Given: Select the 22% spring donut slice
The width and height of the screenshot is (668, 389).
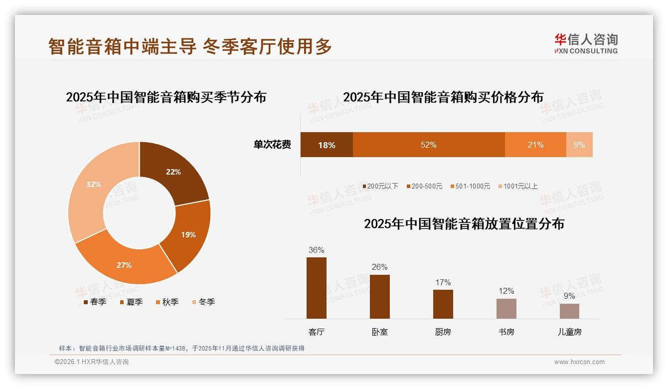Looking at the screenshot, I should [x=174, y=173].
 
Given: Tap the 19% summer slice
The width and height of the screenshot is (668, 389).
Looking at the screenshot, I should [x=188, y=234].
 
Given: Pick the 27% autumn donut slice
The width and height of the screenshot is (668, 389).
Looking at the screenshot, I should [x=125, y=265].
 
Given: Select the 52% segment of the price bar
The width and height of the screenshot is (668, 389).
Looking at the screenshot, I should [x=429, y=145].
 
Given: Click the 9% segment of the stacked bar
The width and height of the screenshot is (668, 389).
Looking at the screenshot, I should [x=579, y=145].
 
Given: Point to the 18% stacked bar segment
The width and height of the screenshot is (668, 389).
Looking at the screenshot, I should [x=327, y=145].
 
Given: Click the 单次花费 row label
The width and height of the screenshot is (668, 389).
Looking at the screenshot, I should [x=272, y=145].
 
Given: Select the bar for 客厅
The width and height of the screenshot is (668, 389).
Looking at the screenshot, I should [x=317, y=288].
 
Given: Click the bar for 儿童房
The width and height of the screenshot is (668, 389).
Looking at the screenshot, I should [x=569, y=311].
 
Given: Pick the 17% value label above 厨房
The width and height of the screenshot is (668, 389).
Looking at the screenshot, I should [x=443, y=282].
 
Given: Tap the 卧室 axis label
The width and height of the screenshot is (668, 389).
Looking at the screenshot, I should [x=379, y=332].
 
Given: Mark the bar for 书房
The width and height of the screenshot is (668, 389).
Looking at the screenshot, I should [x=506, y=309].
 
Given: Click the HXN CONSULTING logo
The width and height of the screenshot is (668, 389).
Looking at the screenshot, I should [x=586, y=44].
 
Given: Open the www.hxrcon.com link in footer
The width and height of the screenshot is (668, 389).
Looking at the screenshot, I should [x=579, y=362].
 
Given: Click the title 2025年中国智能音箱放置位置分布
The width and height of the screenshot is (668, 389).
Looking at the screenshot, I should [x=464, y=224].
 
